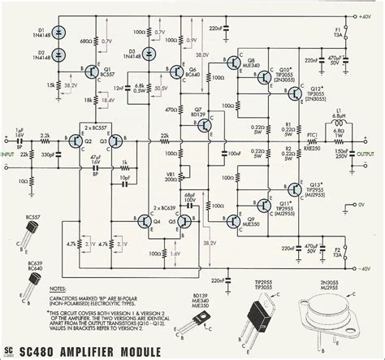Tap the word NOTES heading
point(56,289)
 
